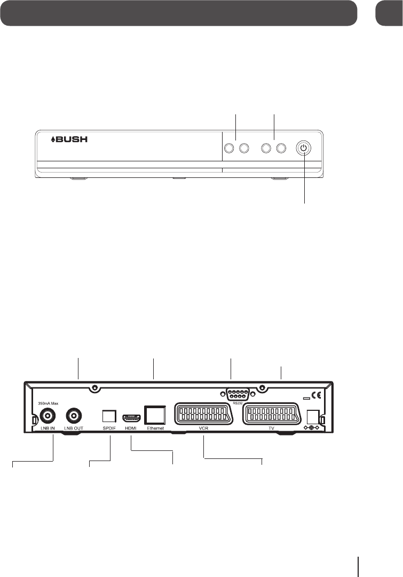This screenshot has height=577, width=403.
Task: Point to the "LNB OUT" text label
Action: pyautogui.click(x=74, y=429)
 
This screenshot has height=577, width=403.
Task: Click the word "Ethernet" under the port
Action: pyautogui.click(x=155, y=429)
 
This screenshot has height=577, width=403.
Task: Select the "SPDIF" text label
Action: pyautogui.click(x=109, y=429)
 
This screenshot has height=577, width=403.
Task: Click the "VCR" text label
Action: pyautogui.click(x=202, y=429)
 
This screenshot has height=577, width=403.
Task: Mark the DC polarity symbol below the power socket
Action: pyautogui.click(x=312, y=429)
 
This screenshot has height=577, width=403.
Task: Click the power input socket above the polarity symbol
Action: pyautogui.click(x=312, y=416)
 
